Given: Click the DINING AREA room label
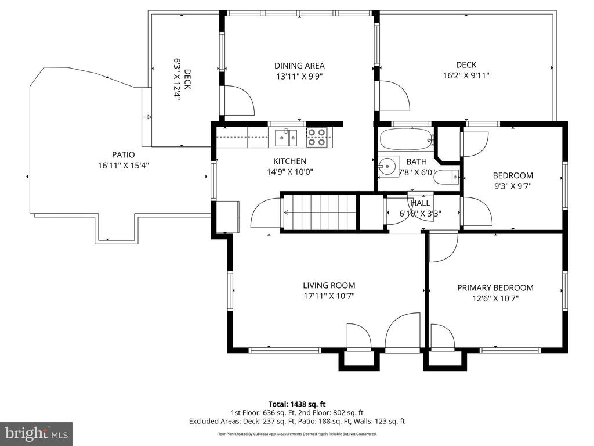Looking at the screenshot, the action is point(299,66).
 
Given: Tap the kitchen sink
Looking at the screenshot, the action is point(286,137).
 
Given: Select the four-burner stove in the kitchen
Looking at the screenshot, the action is point(316,137).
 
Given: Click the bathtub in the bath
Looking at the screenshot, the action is point(406,139).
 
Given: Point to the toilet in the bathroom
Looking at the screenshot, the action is point(446,177).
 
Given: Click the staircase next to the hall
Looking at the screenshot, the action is point(320,213).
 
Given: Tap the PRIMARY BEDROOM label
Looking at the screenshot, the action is point(495,288).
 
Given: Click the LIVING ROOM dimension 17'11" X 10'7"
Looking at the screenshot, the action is point(329,296).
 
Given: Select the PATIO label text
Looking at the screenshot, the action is point(123,154).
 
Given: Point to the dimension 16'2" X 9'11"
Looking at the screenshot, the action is point(466,75).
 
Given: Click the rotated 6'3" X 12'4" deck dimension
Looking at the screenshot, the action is point(176,79).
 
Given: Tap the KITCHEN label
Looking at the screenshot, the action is point(290,161).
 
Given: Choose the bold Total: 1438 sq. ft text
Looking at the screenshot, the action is point(297,404).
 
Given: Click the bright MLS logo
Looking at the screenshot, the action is point(37,433).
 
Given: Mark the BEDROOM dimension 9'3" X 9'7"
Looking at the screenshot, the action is point(513,186).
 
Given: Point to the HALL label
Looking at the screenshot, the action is point(421,203).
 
